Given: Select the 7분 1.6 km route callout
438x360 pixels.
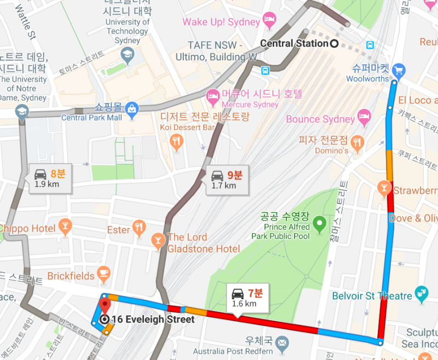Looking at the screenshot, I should tap(247, 298).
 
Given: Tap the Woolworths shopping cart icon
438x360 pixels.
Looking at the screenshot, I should tap(399, 69).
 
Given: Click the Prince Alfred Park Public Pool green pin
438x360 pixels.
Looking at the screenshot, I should tap(319, 223).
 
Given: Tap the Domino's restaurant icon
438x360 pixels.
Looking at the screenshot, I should tap(358, 144).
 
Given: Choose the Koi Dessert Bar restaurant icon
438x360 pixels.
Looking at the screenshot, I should tap(176, 143).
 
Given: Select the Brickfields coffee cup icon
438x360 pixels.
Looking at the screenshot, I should tap(104, 274).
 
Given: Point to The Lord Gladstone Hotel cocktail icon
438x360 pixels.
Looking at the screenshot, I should tap(158, 240).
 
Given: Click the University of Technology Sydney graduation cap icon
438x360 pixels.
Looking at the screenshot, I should tap(128, 54).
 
